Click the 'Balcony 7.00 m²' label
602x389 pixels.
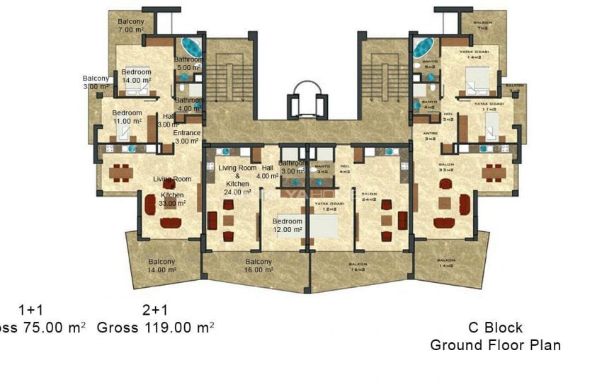(x=131, y=26)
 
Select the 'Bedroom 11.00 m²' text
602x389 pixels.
(x=127, y=117)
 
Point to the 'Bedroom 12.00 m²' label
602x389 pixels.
(x=288, y=226)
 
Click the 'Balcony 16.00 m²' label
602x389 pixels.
(x=259, y=266)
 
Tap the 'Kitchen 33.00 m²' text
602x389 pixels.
(x=172, y=199)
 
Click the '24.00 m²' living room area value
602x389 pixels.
(x=237, y=192)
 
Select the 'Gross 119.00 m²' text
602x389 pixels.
(x=155, y=327)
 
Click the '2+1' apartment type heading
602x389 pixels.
(x=155, y=310)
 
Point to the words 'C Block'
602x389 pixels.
(x=495, y=327)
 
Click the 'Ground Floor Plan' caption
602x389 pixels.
(x=495, y=345)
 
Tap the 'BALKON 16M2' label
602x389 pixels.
(x=358, y=267)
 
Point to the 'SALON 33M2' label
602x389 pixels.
(x=446, y=168)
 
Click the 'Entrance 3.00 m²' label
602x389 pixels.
(x=187, y=137)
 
